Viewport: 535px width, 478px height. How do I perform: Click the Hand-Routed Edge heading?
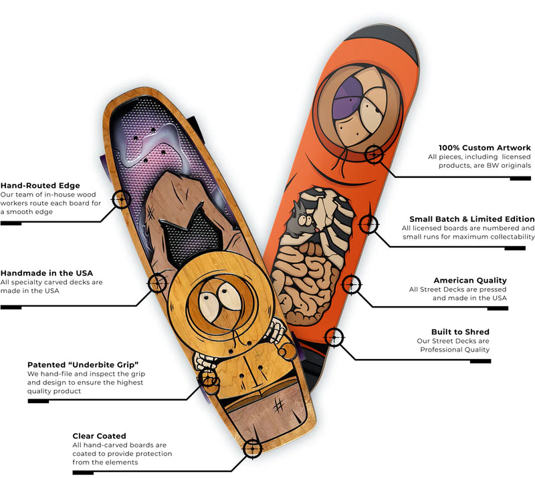[40, 185]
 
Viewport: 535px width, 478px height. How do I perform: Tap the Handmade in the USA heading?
[47, 273]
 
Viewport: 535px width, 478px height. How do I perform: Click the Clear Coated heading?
[99, 436]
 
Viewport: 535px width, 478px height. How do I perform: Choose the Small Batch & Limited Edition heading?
[472, 219]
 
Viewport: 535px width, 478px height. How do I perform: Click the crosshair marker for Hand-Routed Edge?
[121, 199]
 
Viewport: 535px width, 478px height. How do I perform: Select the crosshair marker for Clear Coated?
[252, 448]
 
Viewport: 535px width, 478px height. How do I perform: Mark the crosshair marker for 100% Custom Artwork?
[374, 156]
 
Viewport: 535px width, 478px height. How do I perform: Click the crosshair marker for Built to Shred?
[332, 338]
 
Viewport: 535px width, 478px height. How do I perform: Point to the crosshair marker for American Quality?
[348, 285]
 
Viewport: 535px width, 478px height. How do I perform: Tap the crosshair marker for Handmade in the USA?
[158, 283]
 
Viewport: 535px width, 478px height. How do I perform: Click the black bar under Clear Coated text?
[83, 473]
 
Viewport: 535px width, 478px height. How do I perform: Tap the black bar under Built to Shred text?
[480, 361]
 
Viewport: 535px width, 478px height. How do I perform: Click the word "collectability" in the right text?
[504, 237]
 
